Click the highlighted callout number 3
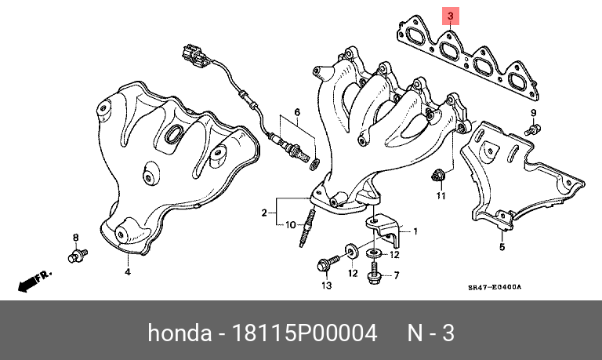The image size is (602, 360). coord(451,16)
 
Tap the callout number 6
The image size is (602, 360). coord(297,113)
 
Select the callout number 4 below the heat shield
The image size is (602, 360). coord(128,272)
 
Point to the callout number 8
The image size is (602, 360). coord(75,238)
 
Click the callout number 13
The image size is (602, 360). coord(326,285)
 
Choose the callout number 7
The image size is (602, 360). coord(397,275)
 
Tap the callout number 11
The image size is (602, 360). coord(441,196)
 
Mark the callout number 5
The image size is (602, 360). coord(502,247)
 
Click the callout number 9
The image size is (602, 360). coord(533,113)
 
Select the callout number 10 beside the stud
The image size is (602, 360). coord(291,224)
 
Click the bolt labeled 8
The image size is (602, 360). coord(78,256)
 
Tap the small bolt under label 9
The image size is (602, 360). coord(532,129)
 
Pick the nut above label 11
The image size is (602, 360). coord(436,175)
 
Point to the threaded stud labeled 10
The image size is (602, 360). coord(306,227)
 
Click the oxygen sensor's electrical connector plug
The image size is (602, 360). coord(194,56)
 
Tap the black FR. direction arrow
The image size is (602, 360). coord(34,281)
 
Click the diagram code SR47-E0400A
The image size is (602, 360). coord(495,287)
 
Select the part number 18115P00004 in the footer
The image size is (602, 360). coord(305,333)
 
